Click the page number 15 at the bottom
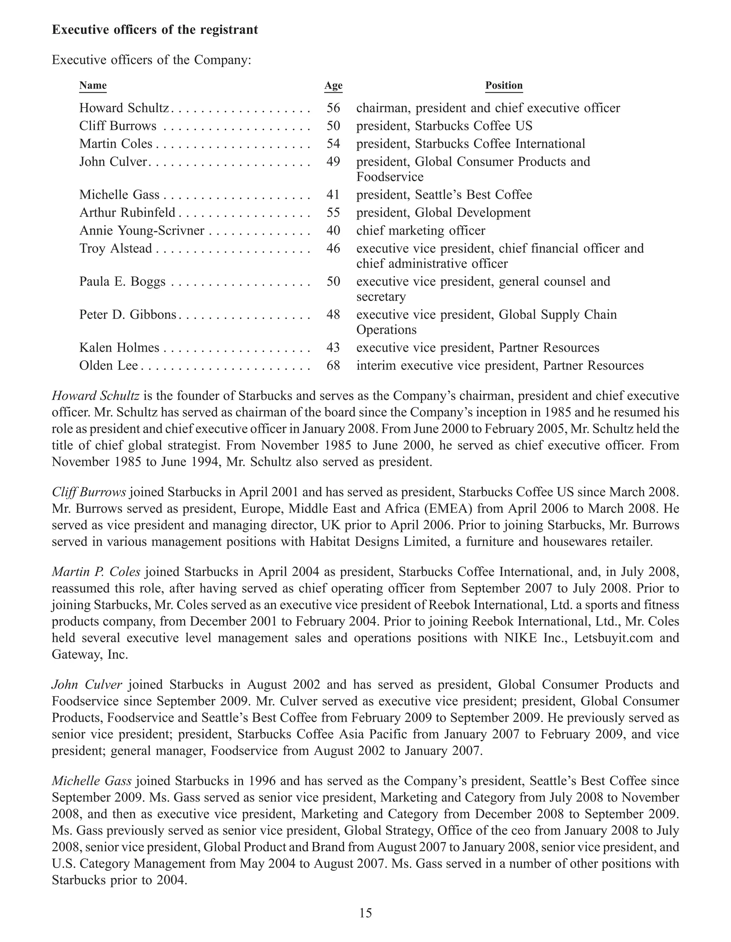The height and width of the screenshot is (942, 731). (x=365, y=913)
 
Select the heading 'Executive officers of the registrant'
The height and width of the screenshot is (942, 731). (x=155, y=30)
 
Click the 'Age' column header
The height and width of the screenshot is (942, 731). (x=333, y=85)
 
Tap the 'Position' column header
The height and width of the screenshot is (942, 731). (x=504, y=85)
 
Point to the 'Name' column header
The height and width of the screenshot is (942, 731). (x=93, y=85)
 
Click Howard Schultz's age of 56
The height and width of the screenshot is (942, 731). (x=333, y=108)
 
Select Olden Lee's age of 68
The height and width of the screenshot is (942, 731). (x=333, y=365)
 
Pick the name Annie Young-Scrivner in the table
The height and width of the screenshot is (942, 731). (x=141, y=230)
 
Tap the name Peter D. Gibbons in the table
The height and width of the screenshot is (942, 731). (x=127, y=315)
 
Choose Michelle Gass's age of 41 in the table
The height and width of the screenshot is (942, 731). (x=333, y=195)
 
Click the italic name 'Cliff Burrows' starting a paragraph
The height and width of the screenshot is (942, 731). (x=89, y=492)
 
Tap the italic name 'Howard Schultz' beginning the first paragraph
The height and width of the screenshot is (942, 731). (x=95, y=396)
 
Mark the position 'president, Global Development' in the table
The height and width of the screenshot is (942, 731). (x=443, y=212)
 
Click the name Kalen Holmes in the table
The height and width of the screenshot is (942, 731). (x=119, y=348)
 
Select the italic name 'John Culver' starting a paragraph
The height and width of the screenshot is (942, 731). (x=87, y=685)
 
